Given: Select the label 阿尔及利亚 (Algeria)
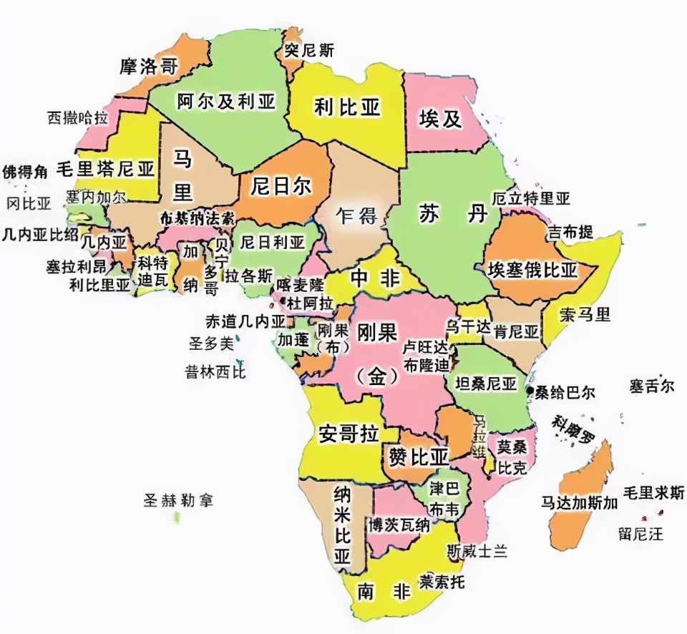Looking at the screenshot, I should (x=226, y=102).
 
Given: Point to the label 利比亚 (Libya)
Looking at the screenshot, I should (x=347, y=107).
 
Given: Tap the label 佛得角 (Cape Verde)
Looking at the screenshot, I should (x=24, y=172).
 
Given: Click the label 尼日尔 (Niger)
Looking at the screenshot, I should (x=281, y=187).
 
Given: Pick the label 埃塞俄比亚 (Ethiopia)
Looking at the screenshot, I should (x=532, y=270).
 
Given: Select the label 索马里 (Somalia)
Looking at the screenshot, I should (x=585, y=314).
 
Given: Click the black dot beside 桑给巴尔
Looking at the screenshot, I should (x=530, y=391).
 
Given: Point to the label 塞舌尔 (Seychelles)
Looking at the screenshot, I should (x=652, y=386).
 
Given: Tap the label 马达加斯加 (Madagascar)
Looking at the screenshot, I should (x=579, y=502).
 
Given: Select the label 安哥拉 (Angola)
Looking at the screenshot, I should (x=348, y=434).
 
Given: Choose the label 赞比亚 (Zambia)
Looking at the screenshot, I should (x=419, y=456).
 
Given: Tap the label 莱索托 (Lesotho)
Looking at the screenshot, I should (x=442, y=582).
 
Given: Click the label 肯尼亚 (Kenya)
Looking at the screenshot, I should (x=516, y=332).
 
